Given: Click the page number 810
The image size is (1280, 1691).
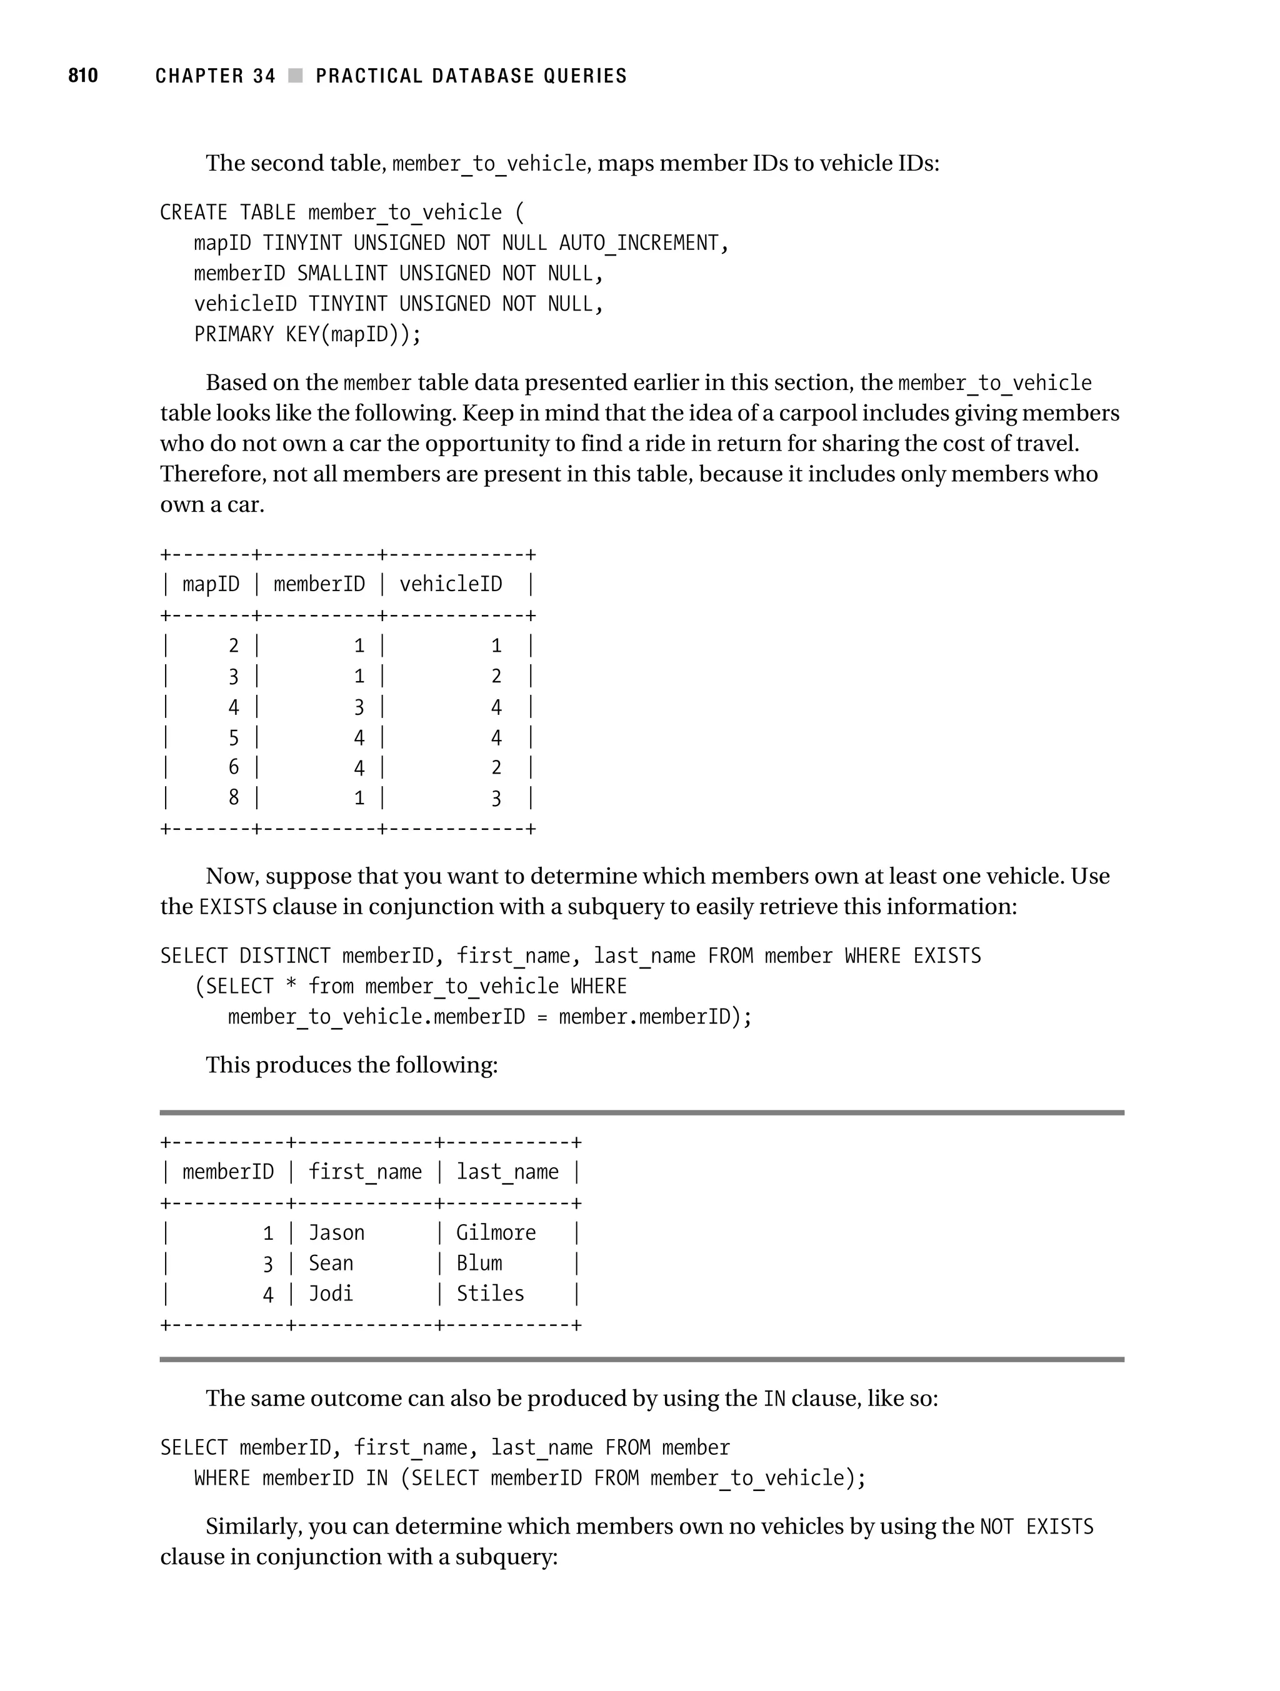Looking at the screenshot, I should click(x=83, y=75).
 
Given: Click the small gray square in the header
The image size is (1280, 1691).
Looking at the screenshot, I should click(x=295, y=75).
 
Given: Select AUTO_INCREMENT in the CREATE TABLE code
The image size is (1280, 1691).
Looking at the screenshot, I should click(x=639, y=243).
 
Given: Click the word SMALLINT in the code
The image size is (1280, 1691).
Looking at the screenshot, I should click(x=342, y=274).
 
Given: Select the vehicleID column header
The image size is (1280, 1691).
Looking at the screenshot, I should click(x=451, y=584).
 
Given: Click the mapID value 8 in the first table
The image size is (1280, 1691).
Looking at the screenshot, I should click(x=233, y=797).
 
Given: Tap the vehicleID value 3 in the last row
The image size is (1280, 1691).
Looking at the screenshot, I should click(x=496, y=799).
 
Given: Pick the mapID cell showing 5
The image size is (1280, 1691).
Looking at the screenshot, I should click(x=233, y=738).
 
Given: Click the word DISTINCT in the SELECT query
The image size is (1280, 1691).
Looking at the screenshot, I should click(x=284, y=956).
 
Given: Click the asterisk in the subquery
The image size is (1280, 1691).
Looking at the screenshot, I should click(x=291, y=985).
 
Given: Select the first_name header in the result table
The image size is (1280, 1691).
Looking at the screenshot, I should click(x=365, y=1172).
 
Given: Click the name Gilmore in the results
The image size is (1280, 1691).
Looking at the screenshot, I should click(x=496, y=1233).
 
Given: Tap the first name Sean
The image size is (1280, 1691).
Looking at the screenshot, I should click(x=331, y=1264).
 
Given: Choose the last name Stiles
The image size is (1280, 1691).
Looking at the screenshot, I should click(x=490, y=1294).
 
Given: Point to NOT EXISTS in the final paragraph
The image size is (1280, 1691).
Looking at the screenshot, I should click(x=1036, y=1527).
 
